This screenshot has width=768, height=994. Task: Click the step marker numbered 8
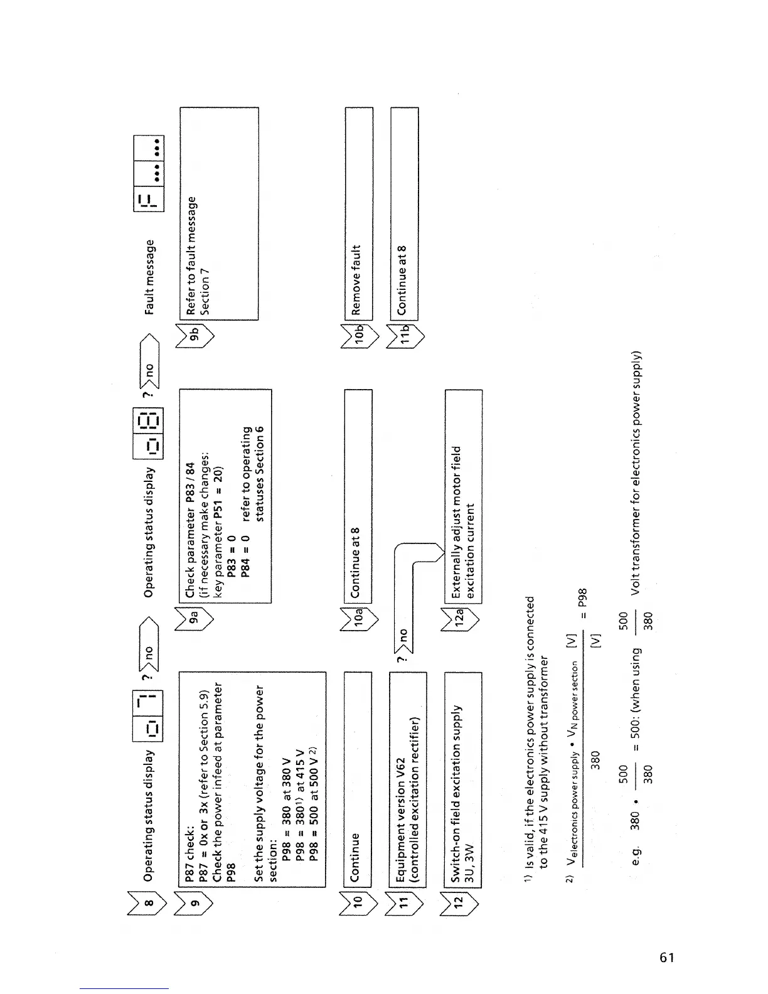[x=148, y=903]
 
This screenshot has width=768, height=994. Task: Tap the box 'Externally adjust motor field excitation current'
[x=464, y=496]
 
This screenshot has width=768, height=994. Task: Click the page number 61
[x=667, y=958]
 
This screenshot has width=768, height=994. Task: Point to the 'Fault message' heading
[x=149, y=277]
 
